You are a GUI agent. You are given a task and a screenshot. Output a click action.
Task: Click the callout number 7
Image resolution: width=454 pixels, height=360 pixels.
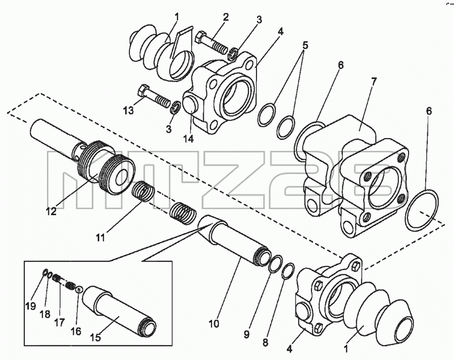tap(373, 82)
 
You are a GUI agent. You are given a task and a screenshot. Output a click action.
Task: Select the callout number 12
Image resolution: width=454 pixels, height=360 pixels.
tap(51, 211)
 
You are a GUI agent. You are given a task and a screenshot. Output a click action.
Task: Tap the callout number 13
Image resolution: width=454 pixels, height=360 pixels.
tap(128, 110)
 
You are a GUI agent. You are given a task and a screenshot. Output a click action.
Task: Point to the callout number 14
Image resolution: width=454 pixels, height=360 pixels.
tap(188, 139)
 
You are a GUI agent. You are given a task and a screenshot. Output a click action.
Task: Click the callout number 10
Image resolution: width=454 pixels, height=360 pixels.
tap(214, 324)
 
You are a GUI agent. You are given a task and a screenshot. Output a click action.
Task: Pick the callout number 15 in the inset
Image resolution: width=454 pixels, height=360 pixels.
tap(95, 337)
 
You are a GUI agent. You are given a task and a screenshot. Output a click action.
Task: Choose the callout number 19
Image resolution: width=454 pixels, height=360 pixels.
tap(31, 306)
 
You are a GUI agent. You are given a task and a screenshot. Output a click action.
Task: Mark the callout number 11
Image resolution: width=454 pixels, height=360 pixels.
tap(100, 237)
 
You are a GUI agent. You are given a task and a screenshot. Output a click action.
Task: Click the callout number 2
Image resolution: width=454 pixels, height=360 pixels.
tap(225, 17)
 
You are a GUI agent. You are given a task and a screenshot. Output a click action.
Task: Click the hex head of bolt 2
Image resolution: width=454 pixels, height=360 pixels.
tap(200, 37)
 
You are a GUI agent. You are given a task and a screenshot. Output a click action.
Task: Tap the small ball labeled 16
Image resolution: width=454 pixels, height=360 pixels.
tap(79, 289)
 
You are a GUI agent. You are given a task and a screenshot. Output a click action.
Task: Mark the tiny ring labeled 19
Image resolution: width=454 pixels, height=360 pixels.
tap(45, 273)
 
